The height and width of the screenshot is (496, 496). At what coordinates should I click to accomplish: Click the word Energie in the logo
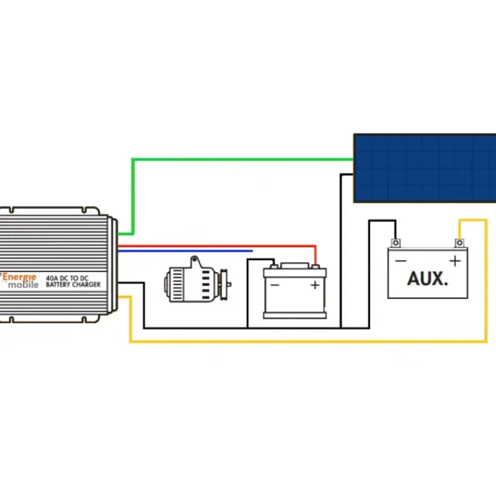[19, 277]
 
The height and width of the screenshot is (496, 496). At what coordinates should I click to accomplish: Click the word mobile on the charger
[23, 285]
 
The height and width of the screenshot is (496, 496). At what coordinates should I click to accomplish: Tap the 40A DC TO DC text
[67, 278]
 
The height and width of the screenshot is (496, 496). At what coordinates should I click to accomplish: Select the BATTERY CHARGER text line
[73, 285]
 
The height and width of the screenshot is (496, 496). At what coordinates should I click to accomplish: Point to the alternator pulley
[224, 285]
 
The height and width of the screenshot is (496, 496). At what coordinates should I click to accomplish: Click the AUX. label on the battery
[427, 278]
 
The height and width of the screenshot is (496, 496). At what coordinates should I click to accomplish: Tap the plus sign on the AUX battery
[455, 261]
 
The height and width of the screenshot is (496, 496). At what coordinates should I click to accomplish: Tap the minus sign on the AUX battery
[401, 261]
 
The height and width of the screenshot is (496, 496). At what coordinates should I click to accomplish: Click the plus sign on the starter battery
[315, 285]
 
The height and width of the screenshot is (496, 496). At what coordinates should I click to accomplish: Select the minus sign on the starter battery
[275, 285]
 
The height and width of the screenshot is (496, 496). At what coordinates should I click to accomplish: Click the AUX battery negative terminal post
[396, 243]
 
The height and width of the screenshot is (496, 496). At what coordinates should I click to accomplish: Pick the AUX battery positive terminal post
[459, 243]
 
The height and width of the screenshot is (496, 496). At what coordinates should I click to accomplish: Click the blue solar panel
[425, 168]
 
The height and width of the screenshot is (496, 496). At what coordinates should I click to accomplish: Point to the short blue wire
[185, 251]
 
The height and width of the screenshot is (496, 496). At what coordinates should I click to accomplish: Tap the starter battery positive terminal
[315, 267]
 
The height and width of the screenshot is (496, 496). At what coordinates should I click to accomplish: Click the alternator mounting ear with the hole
[195, 261]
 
